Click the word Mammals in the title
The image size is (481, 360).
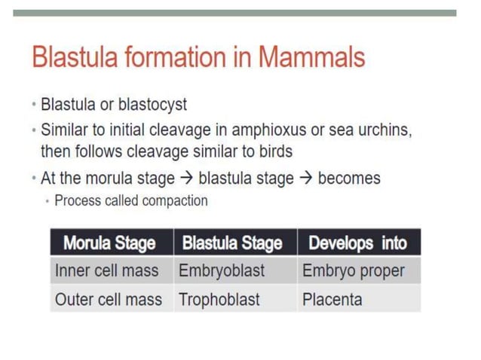tap(311, 58)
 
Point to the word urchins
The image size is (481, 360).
tap(384, 130)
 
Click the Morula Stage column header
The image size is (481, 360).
tap(109, 243)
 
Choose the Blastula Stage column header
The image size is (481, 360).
tap(233, 243)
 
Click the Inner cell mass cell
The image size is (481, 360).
tap(106, 270)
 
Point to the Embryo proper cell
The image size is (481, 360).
tap(353, 270)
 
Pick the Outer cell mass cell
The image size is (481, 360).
tap(108, 299)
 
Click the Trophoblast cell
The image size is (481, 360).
tap(219, 299)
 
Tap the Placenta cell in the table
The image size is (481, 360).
tap(332, 299)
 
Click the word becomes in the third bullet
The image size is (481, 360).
tap(349, 178)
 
